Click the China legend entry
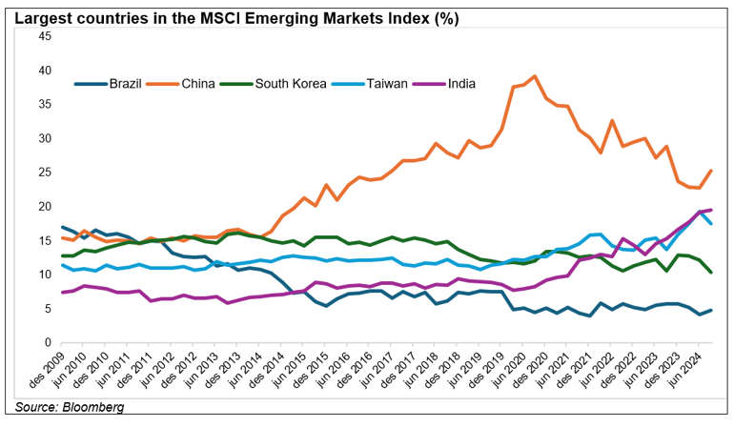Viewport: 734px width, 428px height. coord(198,83)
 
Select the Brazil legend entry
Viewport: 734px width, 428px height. coord(124,83)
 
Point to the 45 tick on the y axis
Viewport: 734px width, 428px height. coord(44,36)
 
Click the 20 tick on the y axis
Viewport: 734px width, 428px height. coord(44,206)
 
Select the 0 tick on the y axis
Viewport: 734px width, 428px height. coord(47,342)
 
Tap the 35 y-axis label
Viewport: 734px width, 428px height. coord(44,104)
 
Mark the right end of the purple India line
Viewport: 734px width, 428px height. coord(711,210)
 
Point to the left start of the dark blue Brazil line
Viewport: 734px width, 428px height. coord(61,227)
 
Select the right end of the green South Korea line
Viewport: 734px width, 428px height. coord(711,273)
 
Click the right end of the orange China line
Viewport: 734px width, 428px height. coord(711,171)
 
